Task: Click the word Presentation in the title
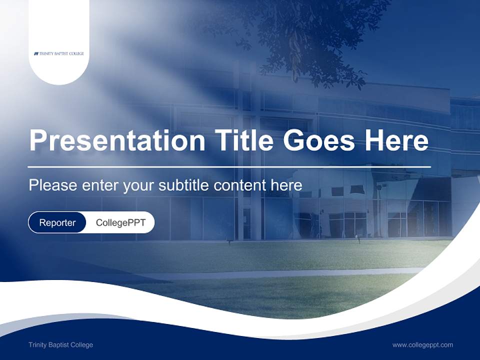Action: pos(117,140)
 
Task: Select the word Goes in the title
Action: pos(320,140)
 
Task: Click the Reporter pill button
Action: pos(57,222)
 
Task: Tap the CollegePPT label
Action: pos(120,222)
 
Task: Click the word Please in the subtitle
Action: pos(53,185)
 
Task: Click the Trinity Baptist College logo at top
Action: pos(59,53)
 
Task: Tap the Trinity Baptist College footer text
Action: pos(60,345)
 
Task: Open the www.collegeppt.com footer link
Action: pos(422,345)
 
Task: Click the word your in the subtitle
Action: pos(138,185)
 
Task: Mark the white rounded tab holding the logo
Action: pos(59,30)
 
